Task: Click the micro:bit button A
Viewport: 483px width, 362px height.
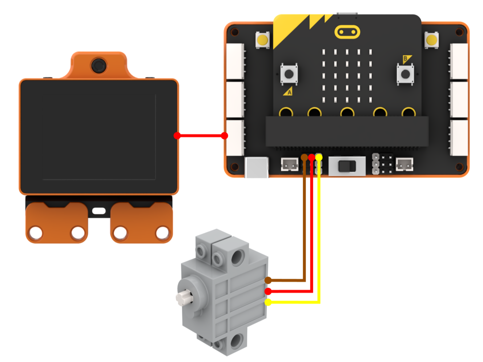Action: pos(289,74)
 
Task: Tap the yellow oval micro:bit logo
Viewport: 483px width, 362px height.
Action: pos(347,32)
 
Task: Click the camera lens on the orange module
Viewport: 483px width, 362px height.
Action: pos(99,65)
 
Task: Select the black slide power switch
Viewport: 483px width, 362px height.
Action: pos(347,166)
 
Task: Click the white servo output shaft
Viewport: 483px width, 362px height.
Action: pos(184,298)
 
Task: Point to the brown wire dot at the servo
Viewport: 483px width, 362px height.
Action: pos(268,280)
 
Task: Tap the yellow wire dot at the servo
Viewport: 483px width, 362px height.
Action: pos(268,302)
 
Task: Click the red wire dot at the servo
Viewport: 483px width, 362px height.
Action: pos(268,291)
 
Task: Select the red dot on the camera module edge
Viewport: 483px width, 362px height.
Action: pos(177,136)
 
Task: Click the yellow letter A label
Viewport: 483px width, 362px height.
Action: pos(288,92)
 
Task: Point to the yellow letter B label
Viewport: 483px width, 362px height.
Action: pos(407,59)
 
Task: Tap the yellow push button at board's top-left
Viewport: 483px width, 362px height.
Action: pos(262,40)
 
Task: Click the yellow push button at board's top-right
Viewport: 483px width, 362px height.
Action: pos(431,40)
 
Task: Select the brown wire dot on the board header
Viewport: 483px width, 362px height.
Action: pos(304,157)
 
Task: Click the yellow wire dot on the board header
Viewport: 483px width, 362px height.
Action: pos(319,157)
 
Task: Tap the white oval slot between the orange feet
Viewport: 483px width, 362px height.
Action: pos(99,211)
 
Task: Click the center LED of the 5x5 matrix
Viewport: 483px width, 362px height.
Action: pos(347,76)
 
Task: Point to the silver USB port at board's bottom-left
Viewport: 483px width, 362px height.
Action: pos(257,167)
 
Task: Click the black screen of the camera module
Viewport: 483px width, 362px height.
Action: pos(99,137)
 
